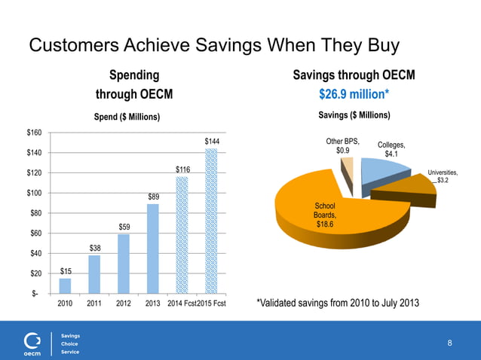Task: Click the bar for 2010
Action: pos(65,285)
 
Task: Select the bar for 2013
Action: pos(153,249)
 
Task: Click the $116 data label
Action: pos(183,170)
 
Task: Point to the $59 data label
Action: pos(124,227)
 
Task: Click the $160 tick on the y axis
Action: pos(35,133)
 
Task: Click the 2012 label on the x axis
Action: pos(124,304)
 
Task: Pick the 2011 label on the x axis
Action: pos(94,304)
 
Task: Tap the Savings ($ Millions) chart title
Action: pos(354,115)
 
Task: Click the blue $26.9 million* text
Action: pos(354,95)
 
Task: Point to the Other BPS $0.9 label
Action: pos(342,145)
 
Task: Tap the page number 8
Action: pos(450,343)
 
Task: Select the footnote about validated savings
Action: pos(337,303)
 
